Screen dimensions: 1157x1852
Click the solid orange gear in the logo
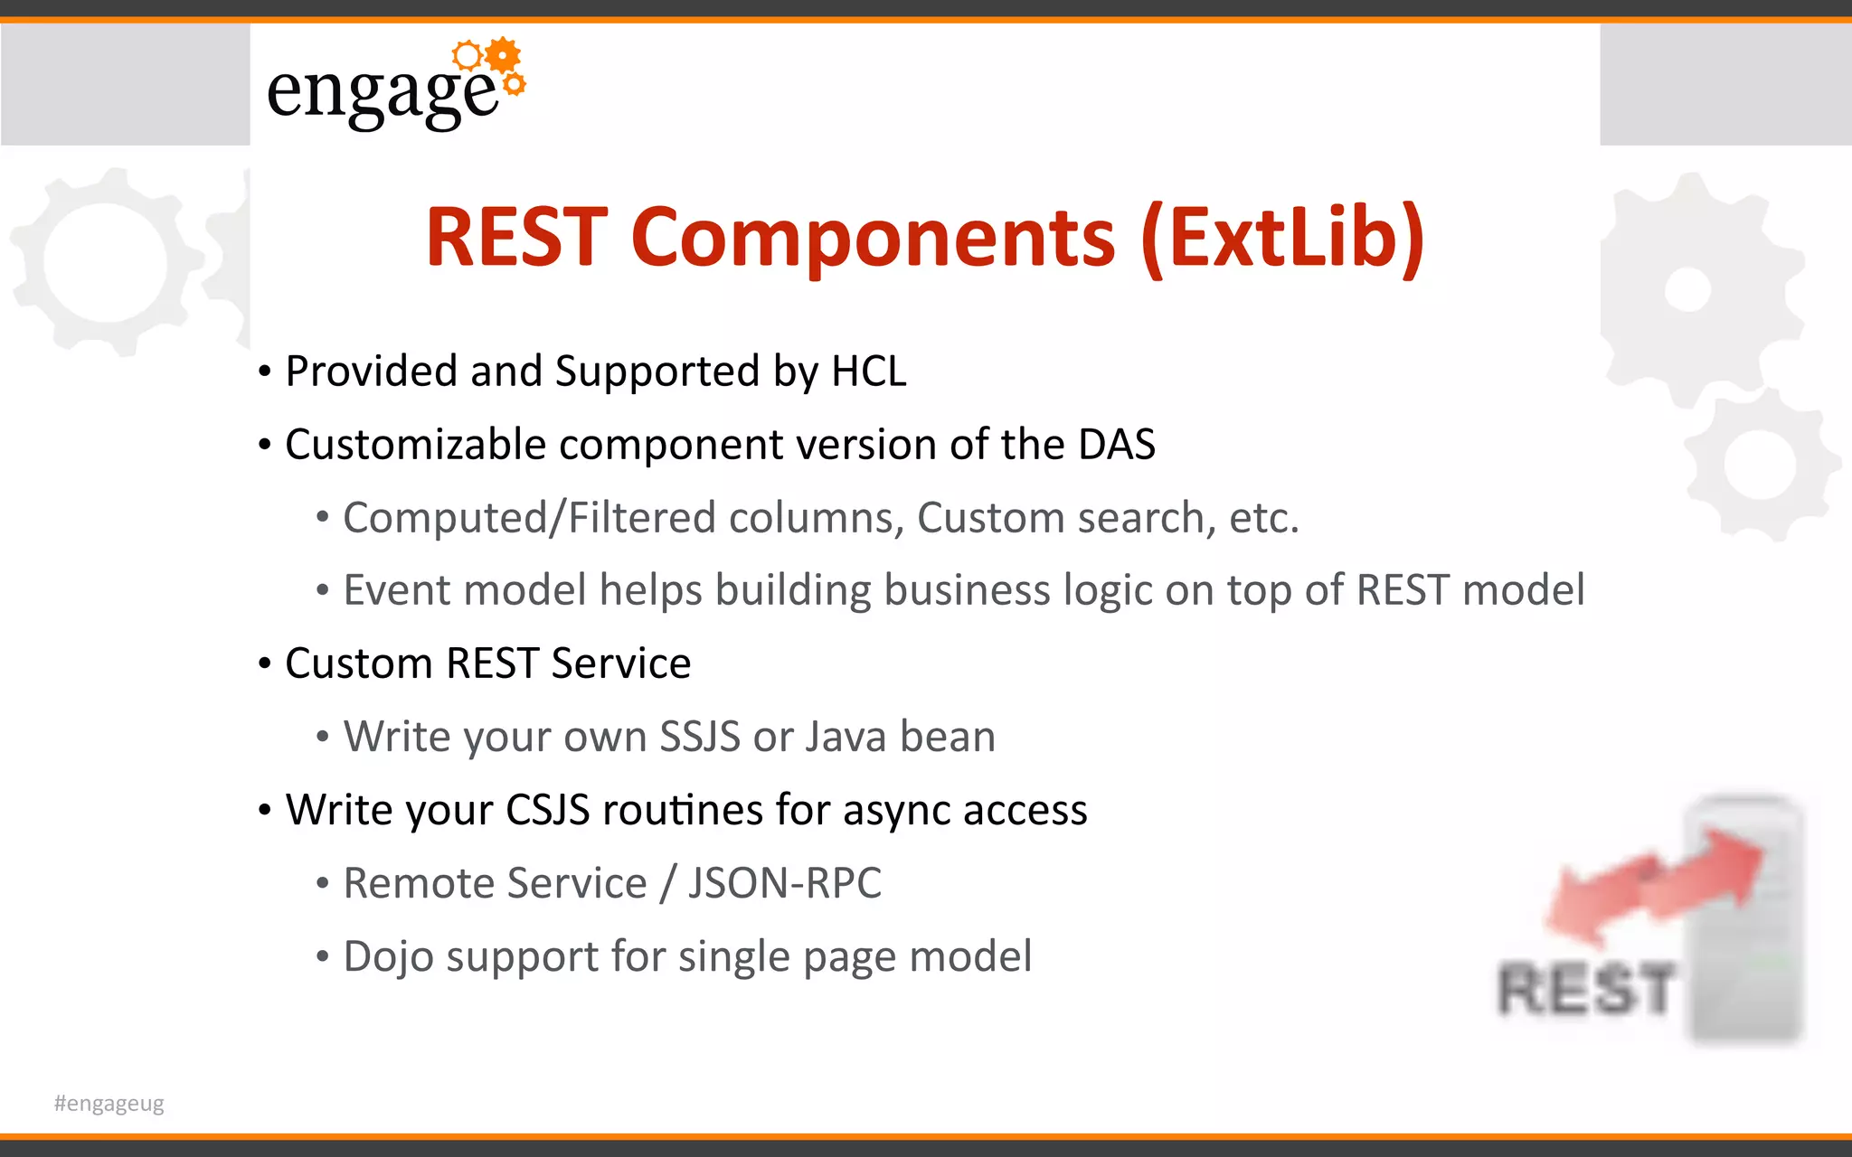tap(503, 55)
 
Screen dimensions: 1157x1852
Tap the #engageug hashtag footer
tap(109, 1103)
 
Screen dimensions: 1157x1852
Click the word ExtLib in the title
tap(1283, 238)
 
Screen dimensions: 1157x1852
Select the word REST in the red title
tap(516, 238)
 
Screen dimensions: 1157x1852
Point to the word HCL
tap(868, 372)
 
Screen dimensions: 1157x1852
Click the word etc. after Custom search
tap(1263, 518)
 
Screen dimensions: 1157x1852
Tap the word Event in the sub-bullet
tap(396, 590)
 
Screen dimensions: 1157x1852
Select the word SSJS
tap(699, 737)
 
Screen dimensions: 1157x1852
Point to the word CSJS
tap(547, 810)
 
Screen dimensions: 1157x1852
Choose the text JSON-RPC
tap(784, 883)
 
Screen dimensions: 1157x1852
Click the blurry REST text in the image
tap(1586, 989)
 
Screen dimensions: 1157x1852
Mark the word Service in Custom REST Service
tap(621, 663)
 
